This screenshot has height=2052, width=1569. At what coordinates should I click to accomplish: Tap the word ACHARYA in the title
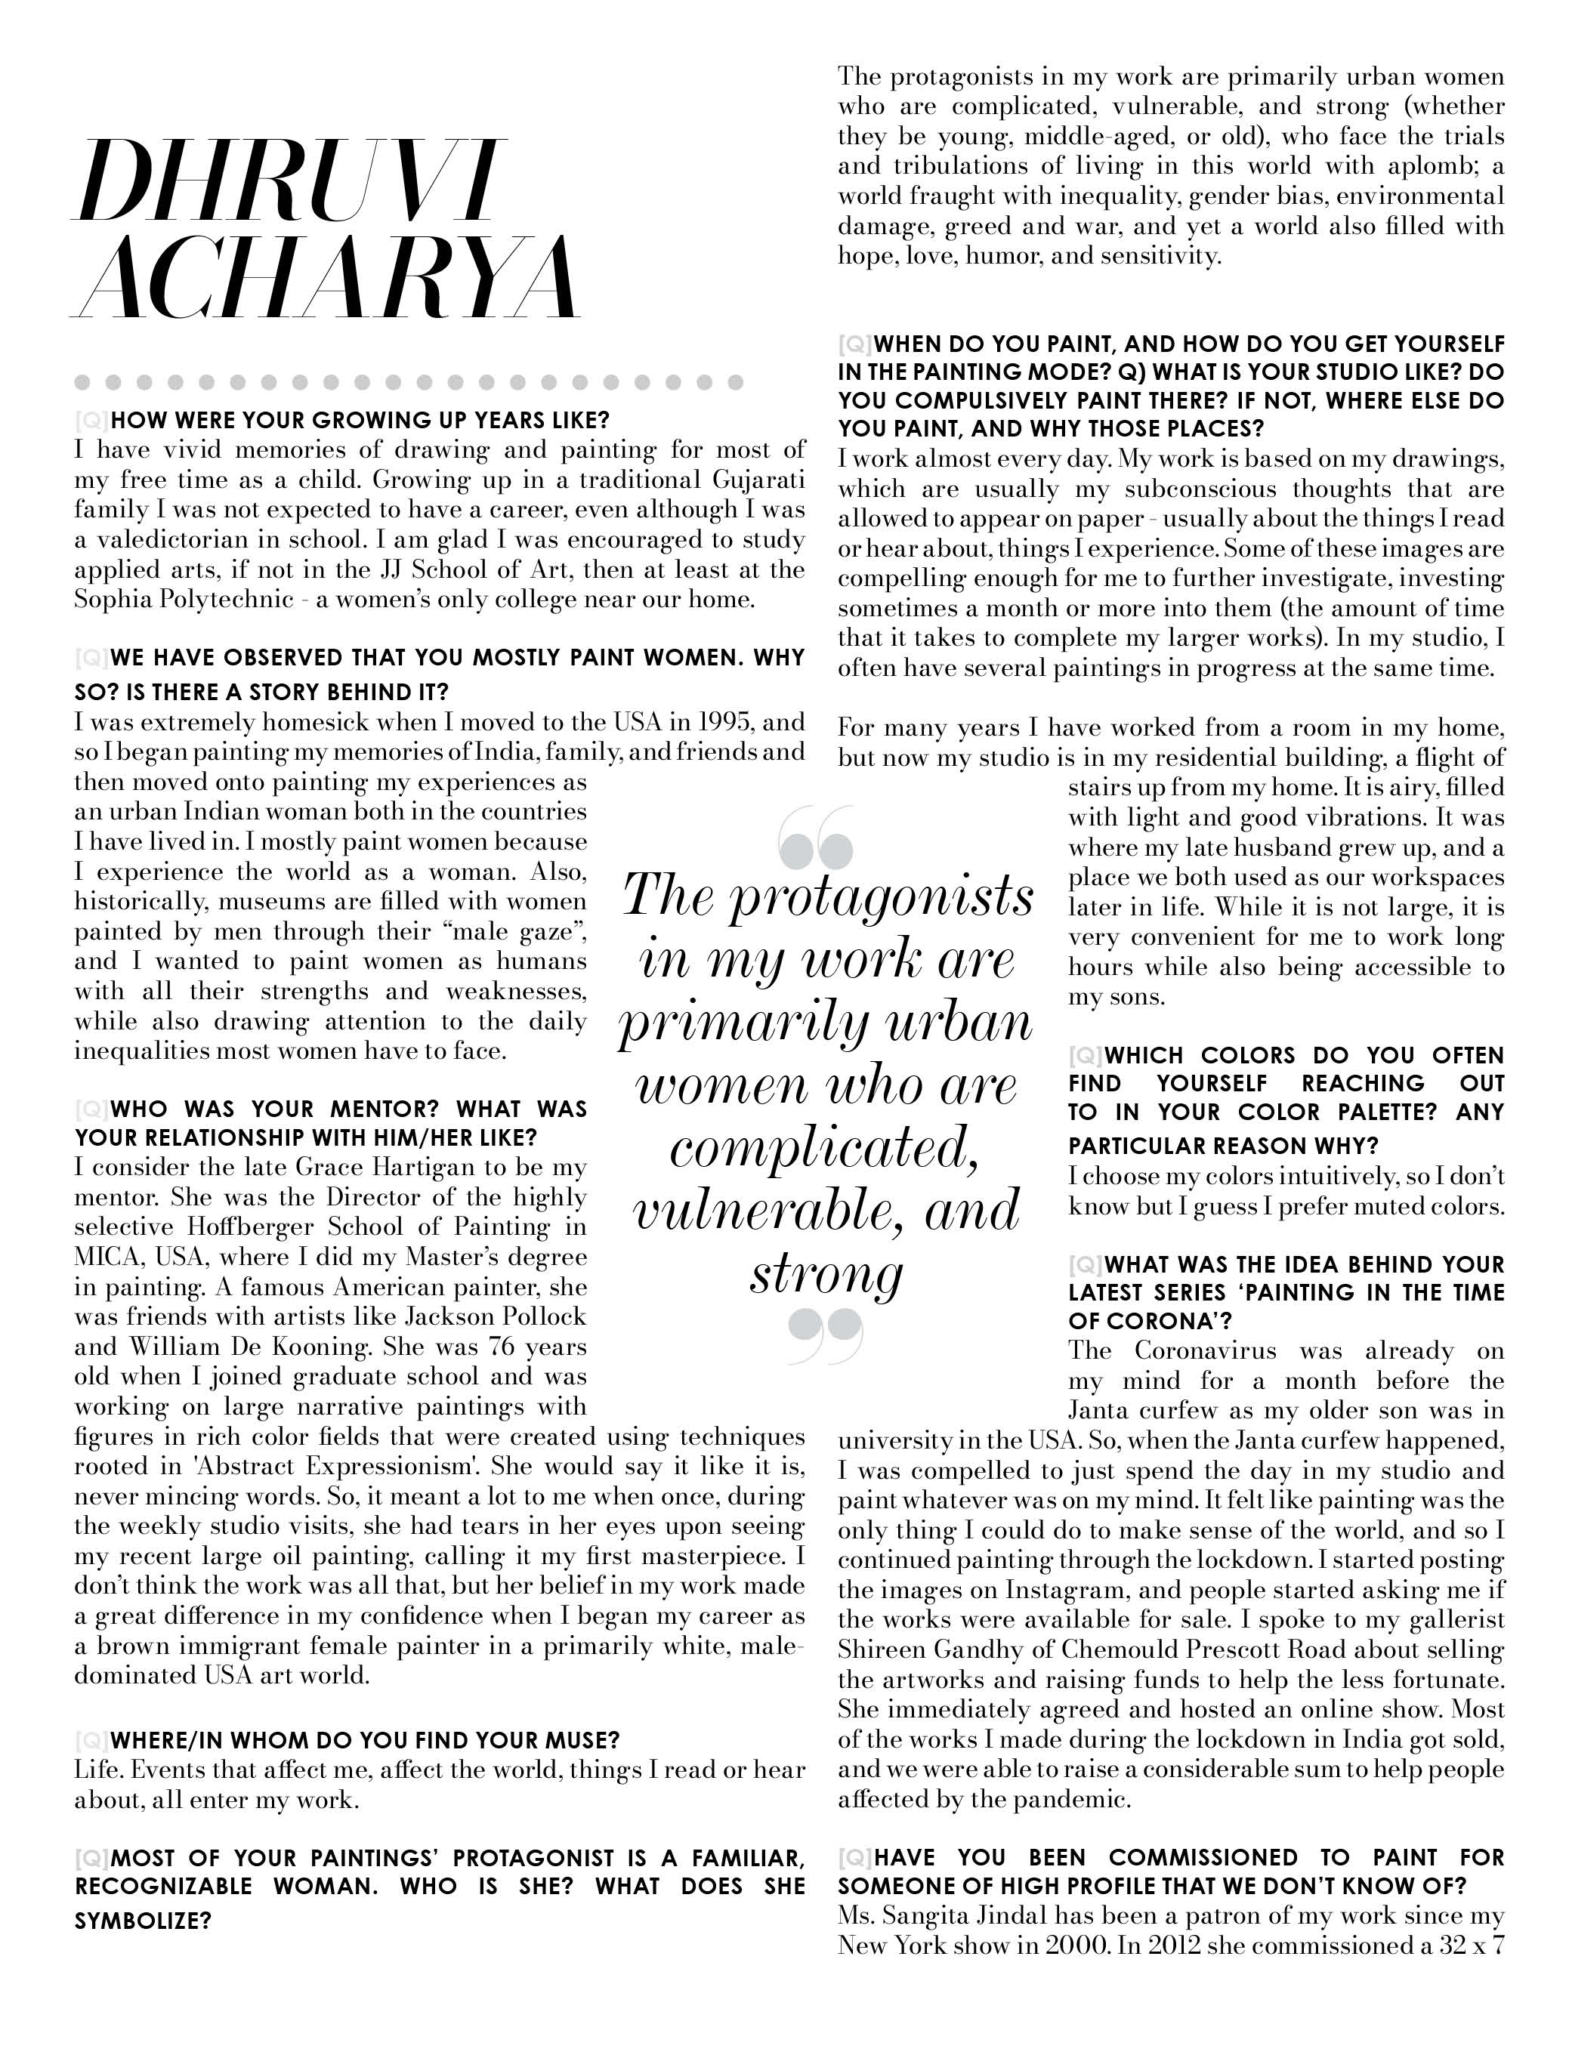(327, 277)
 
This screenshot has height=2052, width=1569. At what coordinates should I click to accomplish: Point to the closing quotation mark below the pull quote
(825, 1335)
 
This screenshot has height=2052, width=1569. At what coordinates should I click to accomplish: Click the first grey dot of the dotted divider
(82, 382)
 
